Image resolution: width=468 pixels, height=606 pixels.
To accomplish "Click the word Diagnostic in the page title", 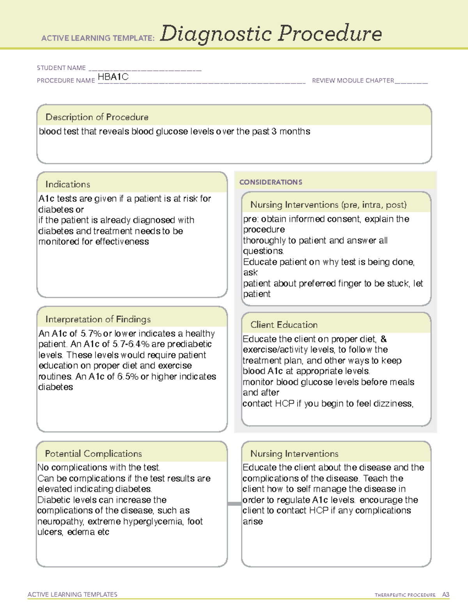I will click(x=216, y=34).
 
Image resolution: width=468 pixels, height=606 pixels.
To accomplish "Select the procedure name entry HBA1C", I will click(x=113, y=77).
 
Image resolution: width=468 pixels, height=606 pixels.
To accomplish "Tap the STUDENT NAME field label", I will click(x=61, y=68).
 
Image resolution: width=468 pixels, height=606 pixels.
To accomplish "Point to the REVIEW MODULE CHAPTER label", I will click(x=353, y=80).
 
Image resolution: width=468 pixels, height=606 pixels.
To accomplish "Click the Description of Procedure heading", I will click(x=97, y=117).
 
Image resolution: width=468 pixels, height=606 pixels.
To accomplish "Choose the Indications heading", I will click(x=67, y=184).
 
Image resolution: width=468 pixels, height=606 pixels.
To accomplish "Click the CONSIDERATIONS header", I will click(x=271, y=182).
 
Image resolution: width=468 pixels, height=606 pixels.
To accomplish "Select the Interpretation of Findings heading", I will click(x=98, y=319).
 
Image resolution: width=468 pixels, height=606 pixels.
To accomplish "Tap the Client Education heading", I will click(x=284, y=325).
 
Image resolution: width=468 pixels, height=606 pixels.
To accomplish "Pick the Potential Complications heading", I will click(x=93, y=453).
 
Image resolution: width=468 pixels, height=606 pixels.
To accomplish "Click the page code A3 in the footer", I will click(x=445, y=595).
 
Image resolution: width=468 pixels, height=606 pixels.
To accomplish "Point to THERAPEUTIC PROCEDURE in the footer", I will click(x=405, y=595).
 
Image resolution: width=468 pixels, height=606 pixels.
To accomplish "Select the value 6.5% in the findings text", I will click(x=128, y=377).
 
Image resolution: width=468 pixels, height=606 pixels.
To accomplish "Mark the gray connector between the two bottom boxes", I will click(x=234, y=504).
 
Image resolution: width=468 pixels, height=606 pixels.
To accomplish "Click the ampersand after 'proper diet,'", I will click(x=383, y=339).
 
